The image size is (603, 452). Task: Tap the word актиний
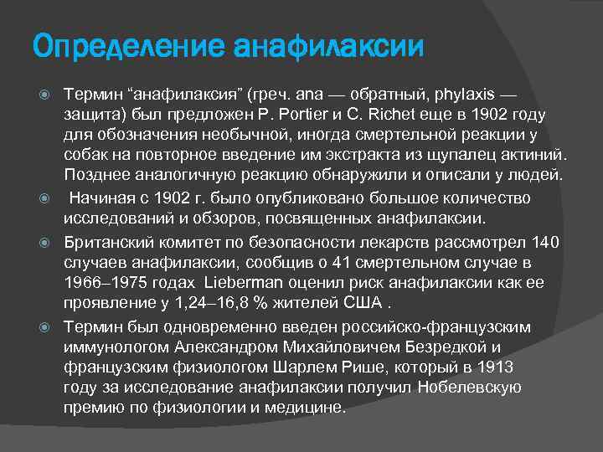536,155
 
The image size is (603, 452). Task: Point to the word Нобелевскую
472,387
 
